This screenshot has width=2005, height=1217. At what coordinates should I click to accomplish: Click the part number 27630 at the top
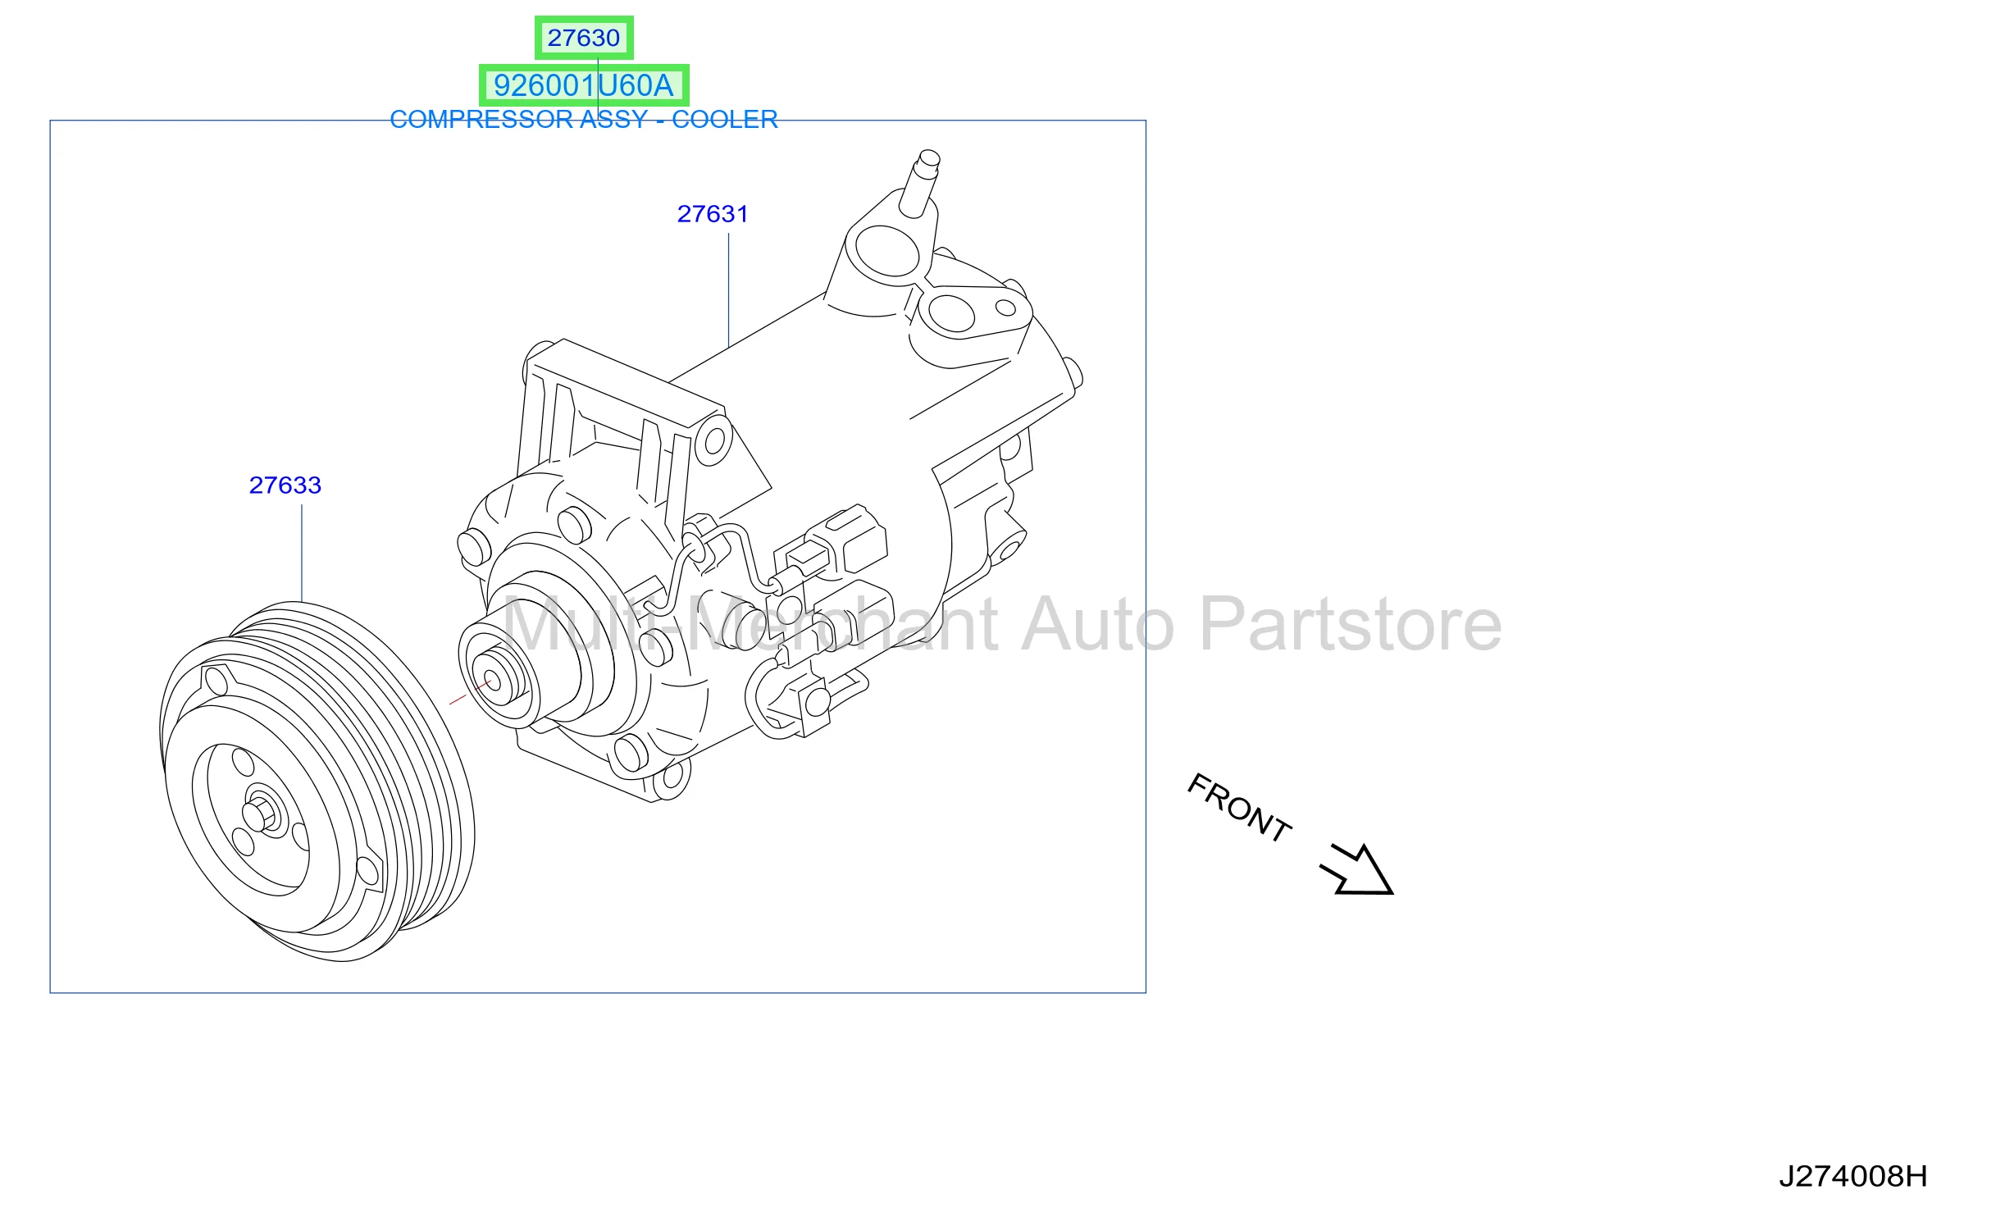point(583,38)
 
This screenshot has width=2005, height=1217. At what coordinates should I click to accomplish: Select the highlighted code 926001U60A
point(583,85)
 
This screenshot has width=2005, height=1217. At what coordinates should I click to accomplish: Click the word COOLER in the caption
point(724,120)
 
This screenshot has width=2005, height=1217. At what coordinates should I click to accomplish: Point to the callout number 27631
point(713,214)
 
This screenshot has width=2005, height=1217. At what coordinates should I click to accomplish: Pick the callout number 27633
point(285,485)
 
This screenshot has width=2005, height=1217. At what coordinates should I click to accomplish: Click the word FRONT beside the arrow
point(1239,808)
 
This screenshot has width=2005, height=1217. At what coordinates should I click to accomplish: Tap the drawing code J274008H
point(1852,1177)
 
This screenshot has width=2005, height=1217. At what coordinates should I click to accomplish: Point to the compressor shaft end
point(493,681)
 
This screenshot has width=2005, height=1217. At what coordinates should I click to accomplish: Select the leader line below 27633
point(302,554)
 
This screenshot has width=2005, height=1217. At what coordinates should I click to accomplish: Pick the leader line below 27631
point(729,290)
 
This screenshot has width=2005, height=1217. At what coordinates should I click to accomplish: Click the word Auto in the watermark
point(1098,626)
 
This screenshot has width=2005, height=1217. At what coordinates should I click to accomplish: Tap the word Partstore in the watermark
point(1351,626)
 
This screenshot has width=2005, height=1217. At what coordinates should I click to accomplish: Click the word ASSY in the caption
point(614,120)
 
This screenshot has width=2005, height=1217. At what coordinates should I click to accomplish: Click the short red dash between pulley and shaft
point(458,700)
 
